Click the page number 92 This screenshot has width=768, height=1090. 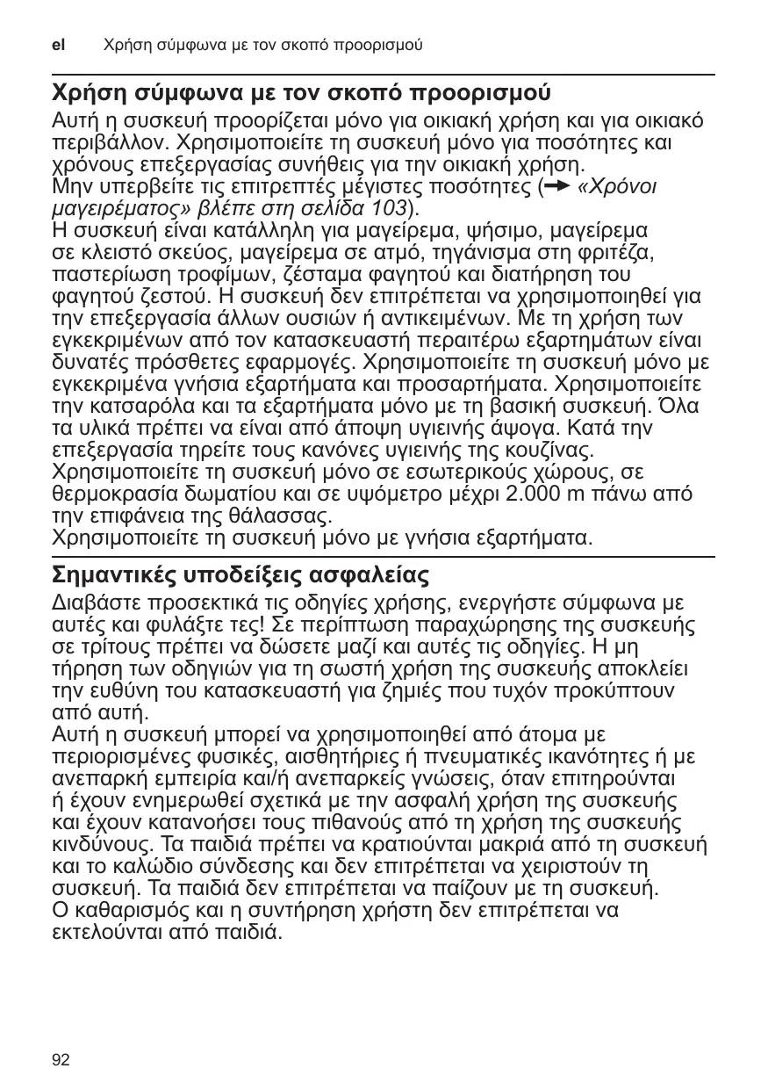coord(61,1060)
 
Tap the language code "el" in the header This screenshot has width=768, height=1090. coord(59,43)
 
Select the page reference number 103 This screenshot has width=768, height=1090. coord(390,208)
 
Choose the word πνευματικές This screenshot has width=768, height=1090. coord(521,757)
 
